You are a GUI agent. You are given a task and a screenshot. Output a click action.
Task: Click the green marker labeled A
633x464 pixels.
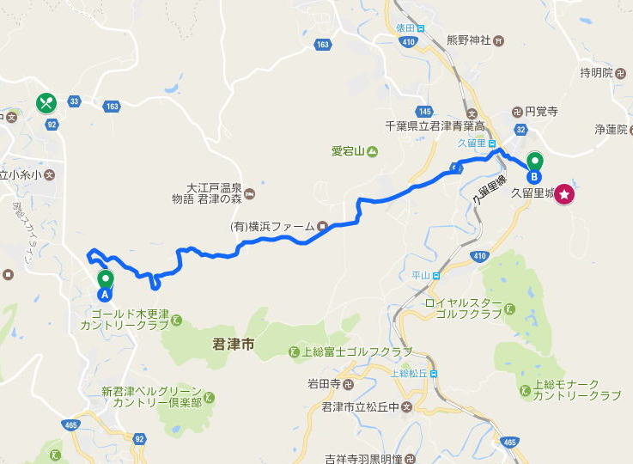click(x=106, y=283)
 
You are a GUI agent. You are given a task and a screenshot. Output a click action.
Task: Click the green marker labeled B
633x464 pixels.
click(x=535, y=165)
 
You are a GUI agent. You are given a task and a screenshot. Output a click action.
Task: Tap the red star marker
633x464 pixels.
click(x=564, y=194)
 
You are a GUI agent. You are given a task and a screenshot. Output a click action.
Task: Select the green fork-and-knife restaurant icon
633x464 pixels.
click(x=46, y=103)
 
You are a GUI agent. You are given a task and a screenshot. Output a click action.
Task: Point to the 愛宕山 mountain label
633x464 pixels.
click(x=349, y=152)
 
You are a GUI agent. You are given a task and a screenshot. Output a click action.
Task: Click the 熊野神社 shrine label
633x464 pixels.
click(x=469, y=40)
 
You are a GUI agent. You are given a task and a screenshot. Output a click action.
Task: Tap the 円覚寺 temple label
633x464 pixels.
click(x=541, y=111)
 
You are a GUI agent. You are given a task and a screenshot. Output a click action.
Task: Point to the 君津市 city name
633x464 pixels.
click(x=234, y=345)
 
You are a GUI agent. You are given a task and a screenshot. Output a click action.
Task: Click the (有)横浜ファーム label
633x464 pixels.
click(x=272, y=227)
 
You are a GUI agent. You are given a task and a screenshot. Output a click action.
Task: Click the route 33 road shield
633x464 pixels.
click(x=75, y=101)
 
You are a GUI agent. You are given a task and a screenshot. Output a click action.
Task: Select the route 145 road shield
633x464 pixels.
click(x=423, y=112)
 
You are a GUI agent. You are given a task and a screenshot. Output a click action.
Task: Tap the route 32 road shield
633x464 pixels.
click(x=520, y=130)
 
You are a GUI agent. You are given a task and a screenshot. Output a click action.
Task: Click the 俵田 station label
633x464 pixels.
click(x=405, y=27)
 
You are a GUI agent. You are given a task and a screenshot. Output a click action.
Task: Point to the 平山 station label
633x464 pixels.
click(x=420, y=275)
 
